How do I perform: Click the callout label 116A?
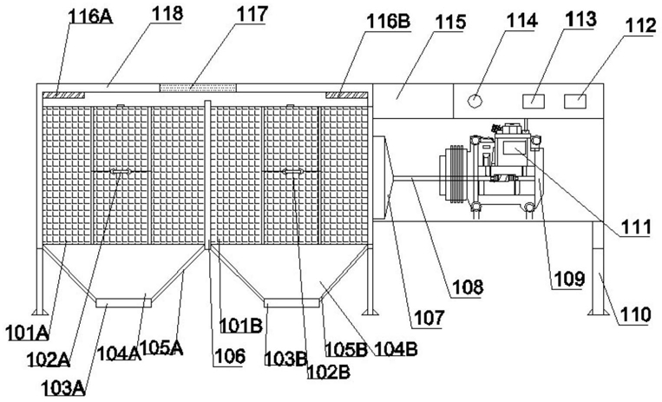tap(90, 16)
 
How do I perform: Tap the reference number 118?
tap(168, 14)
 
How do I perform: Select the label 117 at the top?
tap(252, 14)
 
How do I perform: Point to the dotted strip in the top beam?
tap(198, 88)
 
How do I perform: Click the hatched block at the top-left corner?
tap(64, 96)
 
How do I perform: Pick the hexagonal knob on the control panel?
tap(475, 101)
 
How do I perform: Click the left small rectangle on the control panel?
tap(534, 101)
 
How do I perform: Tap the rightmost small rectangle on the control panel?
tap(575, 101)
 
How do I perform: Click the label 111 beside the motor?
tap(634, 227)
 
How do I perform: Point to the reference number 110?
tap(633, 315)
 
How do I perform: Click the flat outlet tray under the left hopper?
tap(124, 302)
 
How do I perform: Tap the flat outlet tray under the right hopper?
tap(292, 303)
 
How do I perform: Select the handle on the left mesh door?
tap(121, 171)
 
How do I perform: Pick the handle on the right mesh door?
tap(292, 171)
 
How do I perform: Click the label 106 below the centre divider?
tap(229, 356)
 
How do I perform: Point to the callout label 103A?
tap(63, 387)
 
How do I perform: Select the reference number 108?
tap(468, 287)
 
